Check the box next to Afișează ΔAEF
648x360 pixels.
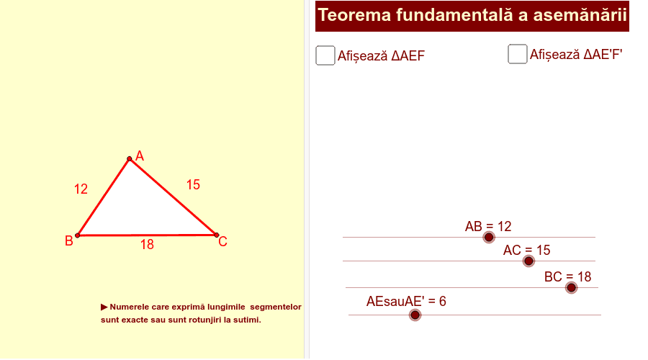pyautogui.click(x=325, y=55)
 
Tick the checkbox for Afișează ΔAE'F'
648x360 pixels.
pyautogui.click(x=518, y=54)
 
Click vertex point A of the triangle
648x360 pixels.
pyautogui.click(x=130, y=158)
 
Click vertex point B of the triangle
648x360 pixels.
pyautogui.click(x=77, y=235)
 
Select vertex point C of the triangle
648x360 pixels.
pyautogui.click(x=217, y=235)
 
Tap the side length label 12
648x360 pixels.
pyautogui.click(x=81, y=189)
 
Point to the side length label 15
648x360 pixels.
pyautogui.click(x=193, y=185)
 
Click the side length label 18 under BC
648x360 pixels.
pyautogui.click(x=147, y=245)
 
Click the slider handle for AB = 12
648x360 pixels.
pyautogui.click(x=489, y=238)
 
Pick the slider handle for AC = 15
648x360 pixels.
pyautogui.click(x=528, y=261)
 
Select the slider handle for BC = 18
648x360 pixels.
pyautogui.click(x=572, y=288)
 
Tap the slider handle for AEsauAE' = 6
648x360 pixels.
pyautogui.click(x=415, y=315)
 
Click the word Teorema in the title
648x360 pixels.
pyautogui.click(x=354, y=15)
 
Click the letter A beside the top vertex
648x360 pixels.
pyautogui.click(x=140, y=156)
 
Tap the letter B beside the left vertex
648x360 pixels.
pyautogui.click(x=69, y=241)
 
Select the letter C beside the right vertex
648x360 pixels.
pyautogui.click(x=222, y=241)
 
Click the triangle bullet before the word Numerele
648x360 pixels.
pyautogui.click(x=104, y=307)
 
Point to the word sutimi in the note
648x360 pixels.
pyautogui.click(x=248, y=320)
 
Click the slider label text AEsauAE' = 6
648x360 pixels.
pyautogui.click(x=406, y=301)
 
